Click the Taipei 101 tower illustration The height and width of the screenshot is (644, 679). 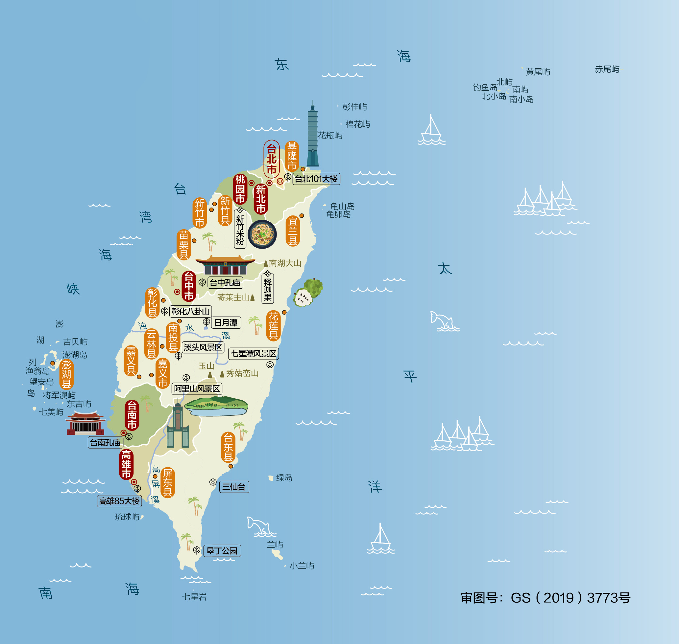[312, 137]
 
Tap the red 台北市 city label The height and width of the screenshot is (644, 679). [272, 159]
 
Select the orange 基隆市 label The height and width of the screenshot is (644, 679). [292, 156]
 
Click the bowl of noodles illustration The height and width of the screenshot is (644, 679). [262, 234]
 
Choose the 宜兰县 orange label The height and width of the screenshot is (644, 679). [293, 231]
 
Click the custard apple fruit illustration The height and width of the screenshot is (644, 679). [308, 293]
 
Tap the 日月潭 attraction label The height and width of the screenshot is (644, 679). [226, 323]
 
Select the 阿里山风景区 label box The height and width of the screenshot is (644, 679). [197, 389]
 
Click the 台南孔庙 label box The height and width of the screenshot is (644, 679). [105, 442]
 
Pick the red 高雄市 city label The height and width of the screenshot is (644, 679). [126, 464]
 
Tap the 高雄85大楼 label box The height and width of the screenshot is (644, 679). [119, 501]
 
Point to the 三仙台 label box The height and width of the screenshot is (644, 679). [234, 486]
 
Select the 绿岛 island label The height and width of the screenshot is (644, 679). [284, 477]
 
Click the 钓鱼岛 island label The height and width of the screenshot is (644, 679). [485, 88]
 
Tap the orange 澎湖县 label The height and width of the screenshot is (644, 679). [66, 374]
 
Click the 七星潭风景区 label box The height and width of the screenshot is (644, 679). [253, 354]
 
